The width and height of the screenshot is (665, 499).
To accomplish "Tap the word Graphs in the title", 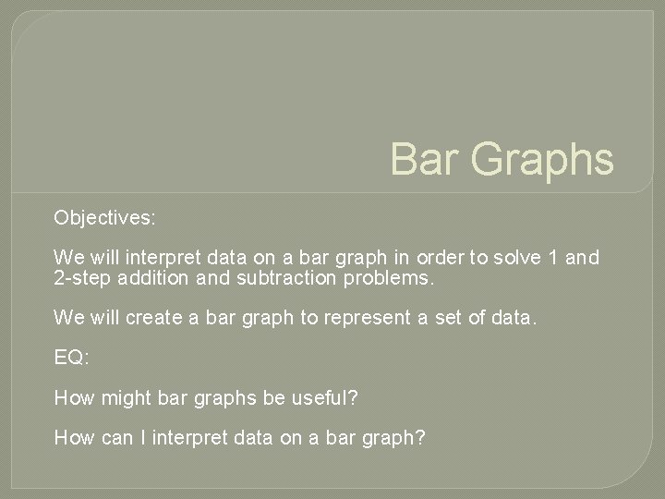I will [541, 159].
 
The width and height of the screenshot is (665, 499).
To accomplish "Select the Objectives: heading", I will [104, 219].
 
